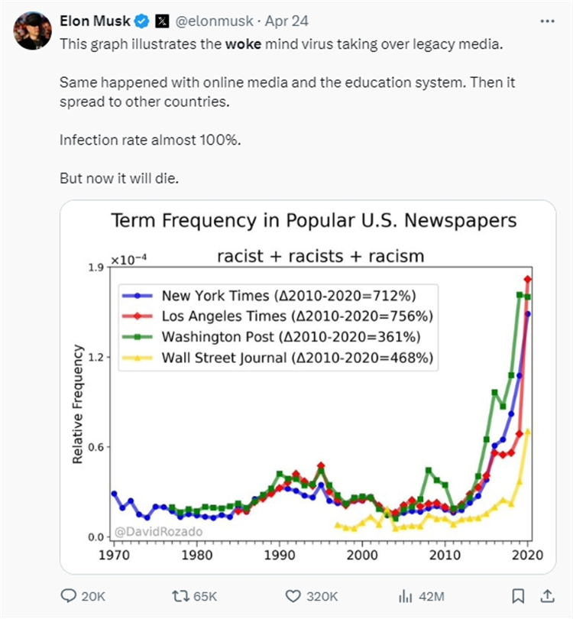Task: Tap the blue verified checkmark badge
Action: (x=143, y=21)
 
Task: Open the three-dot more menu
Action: (x=547, y=21)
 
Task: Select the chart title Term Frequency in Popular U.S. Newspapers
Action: (x=314, y=221)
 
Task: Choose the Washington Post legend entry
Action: (x=279, y=336)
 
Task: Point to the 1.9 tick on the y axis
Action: (x=95, y=267)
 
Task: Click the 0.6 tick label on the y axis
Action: (x=95, y=447)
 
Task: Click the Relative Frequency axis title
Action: (x=77, y=403)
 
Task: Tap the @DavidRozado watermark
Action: (x=159, y=530)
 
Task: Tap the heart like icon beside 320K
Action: (x=292, y=595)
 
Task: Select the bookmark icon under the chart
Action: (x=517, y=595)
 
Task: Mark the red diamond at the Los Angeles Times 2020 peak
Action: (x=527, y=280)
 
